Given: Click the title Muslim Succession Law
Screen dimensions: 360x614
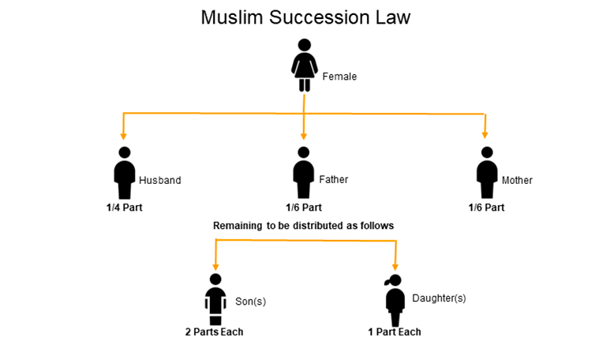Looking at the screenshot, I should point(305,17).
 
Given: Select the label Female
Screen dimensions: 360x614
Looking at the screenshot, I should point(339,77).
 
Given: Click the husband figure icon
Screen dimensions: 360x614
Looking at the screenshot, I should point(124,173).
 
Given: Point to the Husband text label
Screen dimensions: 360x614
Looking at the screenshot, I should point(160,180).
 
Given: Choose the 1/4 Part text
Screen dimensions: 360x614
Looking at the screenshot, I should point(125,208).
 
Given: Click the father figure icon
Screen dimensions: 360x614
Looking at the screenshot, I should point(303,173).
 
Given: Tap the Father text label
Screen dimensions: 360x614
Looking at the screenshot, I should point(332,180).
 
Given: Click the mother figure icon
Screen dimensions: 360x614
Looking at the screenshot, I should point(486,173).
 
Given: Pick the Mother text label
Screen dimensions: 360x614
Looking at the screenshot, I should point(517,180).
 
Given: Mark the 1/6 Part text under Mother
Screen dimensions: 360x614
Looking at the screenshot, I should point(485,208).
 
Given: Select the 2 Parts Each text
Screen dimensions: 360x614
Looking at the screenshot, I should point(214,332).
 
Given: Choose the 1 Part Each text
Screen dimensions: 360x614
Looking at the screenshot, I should point(395,332).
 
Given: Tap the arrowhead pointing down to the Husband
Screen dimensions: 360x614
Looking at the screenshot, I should point(123,136).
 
